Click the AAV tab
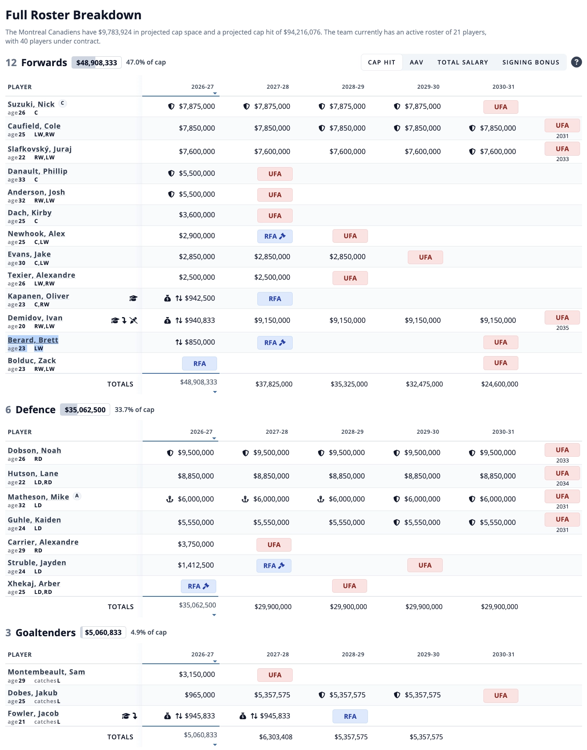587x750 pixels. coord(416,62)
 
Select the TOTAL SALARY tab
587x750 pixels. coord(462,62)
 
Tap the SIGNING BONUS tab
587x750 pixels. coord(531,62)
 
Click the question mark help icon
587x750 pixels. coord(576,62)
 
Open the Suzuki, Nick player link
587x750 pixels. coord(31,104)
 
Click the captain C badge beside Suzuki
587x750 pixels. coord(62,103)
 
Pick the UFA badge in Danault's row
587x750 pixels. coord(275,174)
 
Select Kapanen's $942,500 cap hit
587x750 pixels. coord(200,298)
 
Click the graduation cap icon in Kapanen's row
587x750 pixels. coord(133,298)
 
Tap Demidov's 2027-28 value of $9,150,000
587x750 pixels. coord(272,320)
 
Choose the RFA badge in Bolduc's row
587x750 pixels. coord(199,363)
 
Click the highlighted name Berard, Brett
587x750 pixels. coord(33,340)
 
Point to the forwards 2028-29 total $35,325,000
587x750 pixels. coord(349,384)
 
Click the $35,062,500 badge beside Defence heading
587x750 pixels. coord(85,410)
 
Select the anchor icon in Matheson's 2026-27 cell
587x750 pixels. coord(169,499)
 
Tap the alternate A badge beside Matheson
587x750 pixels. coord(77,496)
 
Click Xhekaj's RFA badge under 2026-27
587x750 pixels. coord(199,586)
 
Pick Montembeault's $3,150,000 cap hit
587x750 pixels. coord(197,674)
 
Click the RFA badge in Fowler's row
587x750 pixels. coord(350,716)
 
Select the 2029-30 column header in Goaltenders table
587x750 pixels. coord(428,654)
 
